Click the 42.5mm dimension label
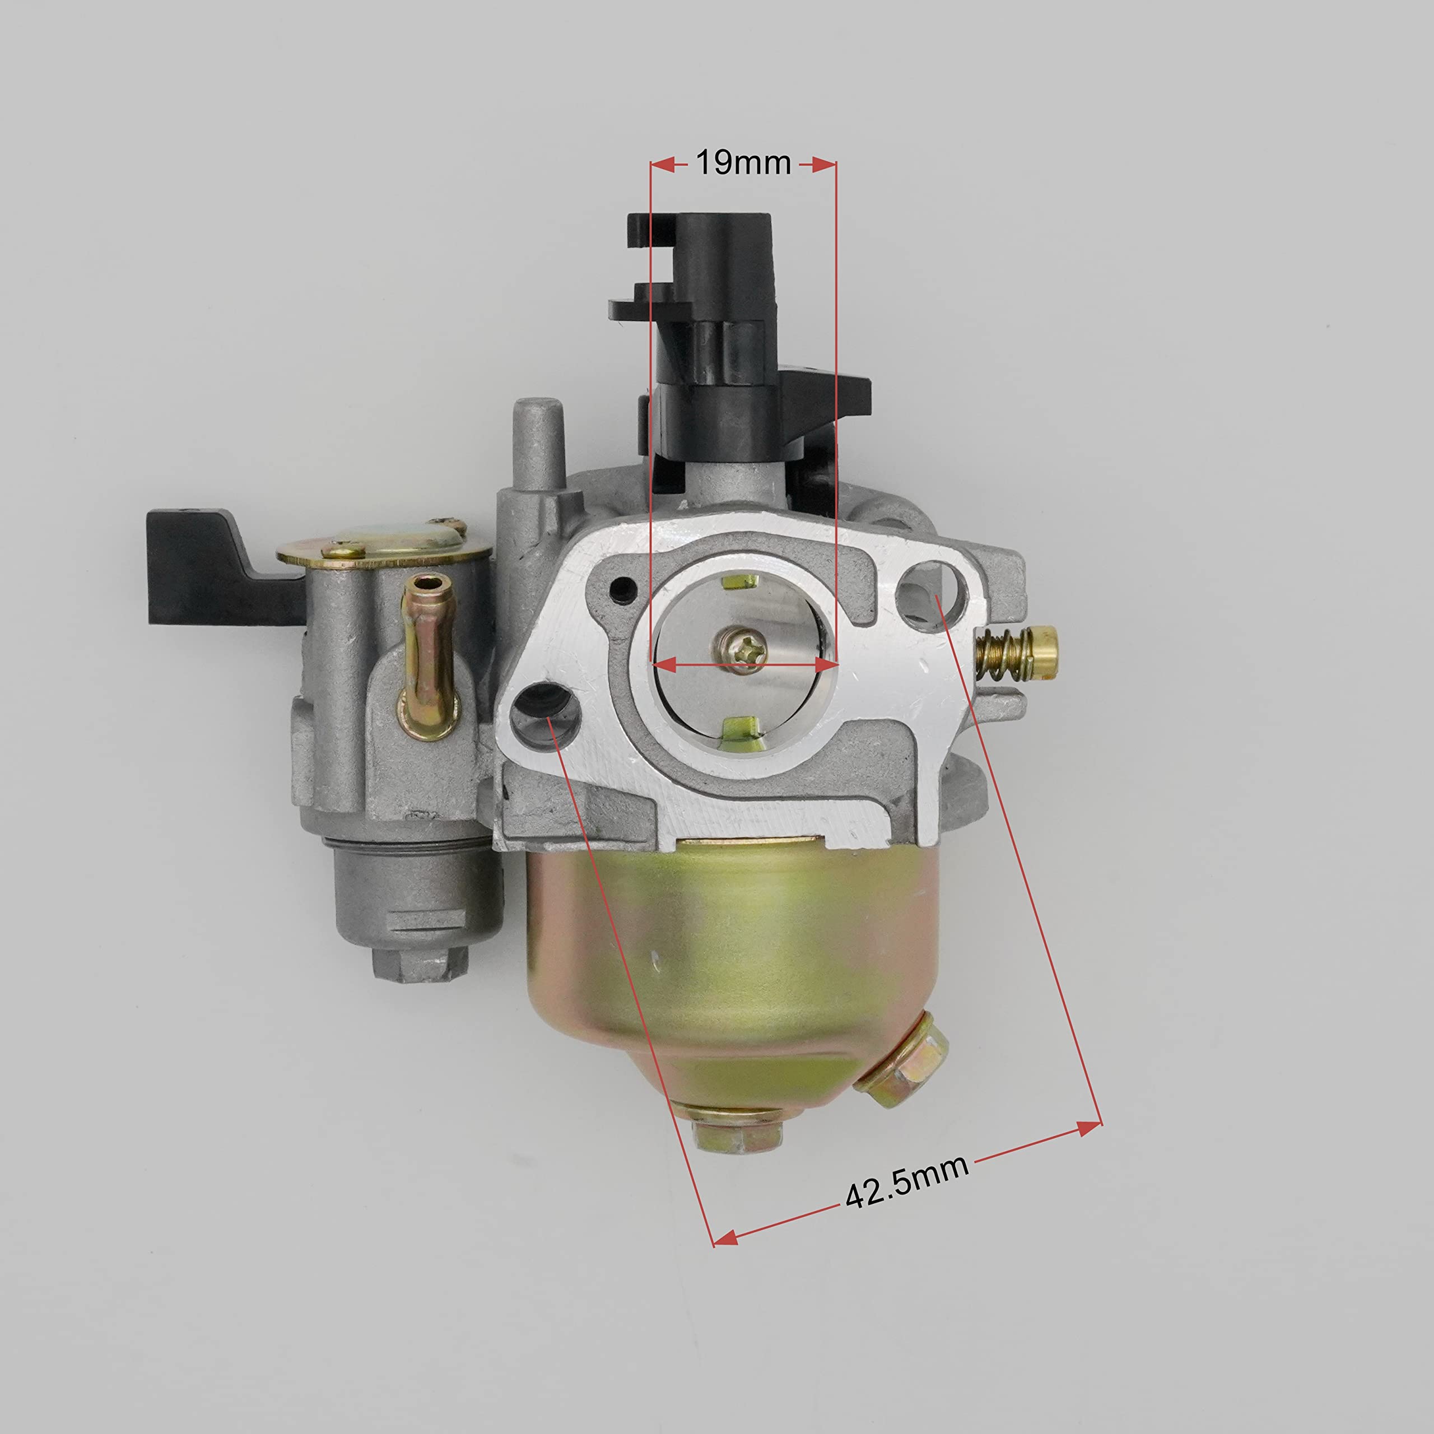point(907,1186)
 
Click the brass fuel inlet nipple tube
point(426,646)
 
